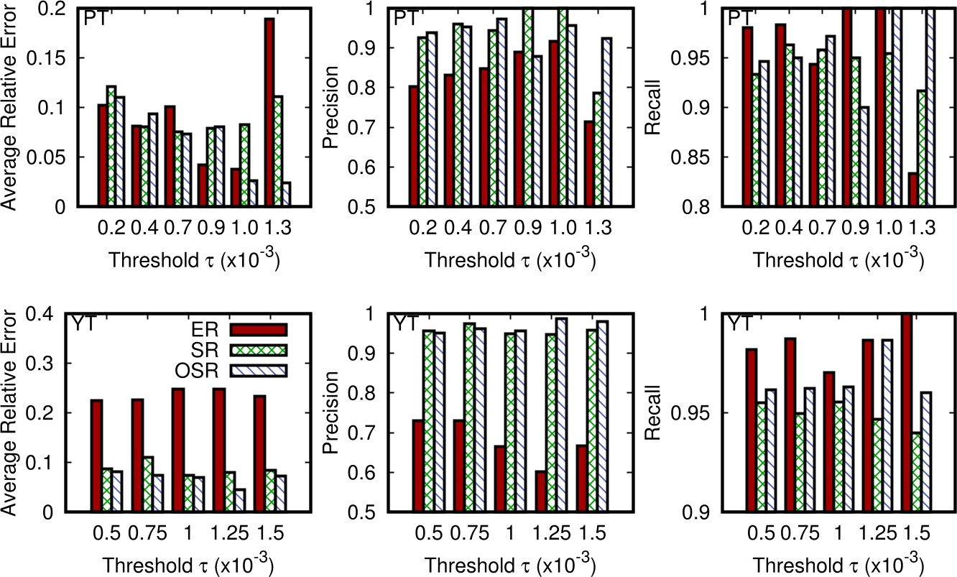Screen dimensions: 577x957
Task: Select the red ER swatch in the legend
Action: tap(259, 329)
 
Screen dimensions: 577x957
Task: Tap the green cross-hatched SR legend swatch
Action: tap(259, 350)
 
